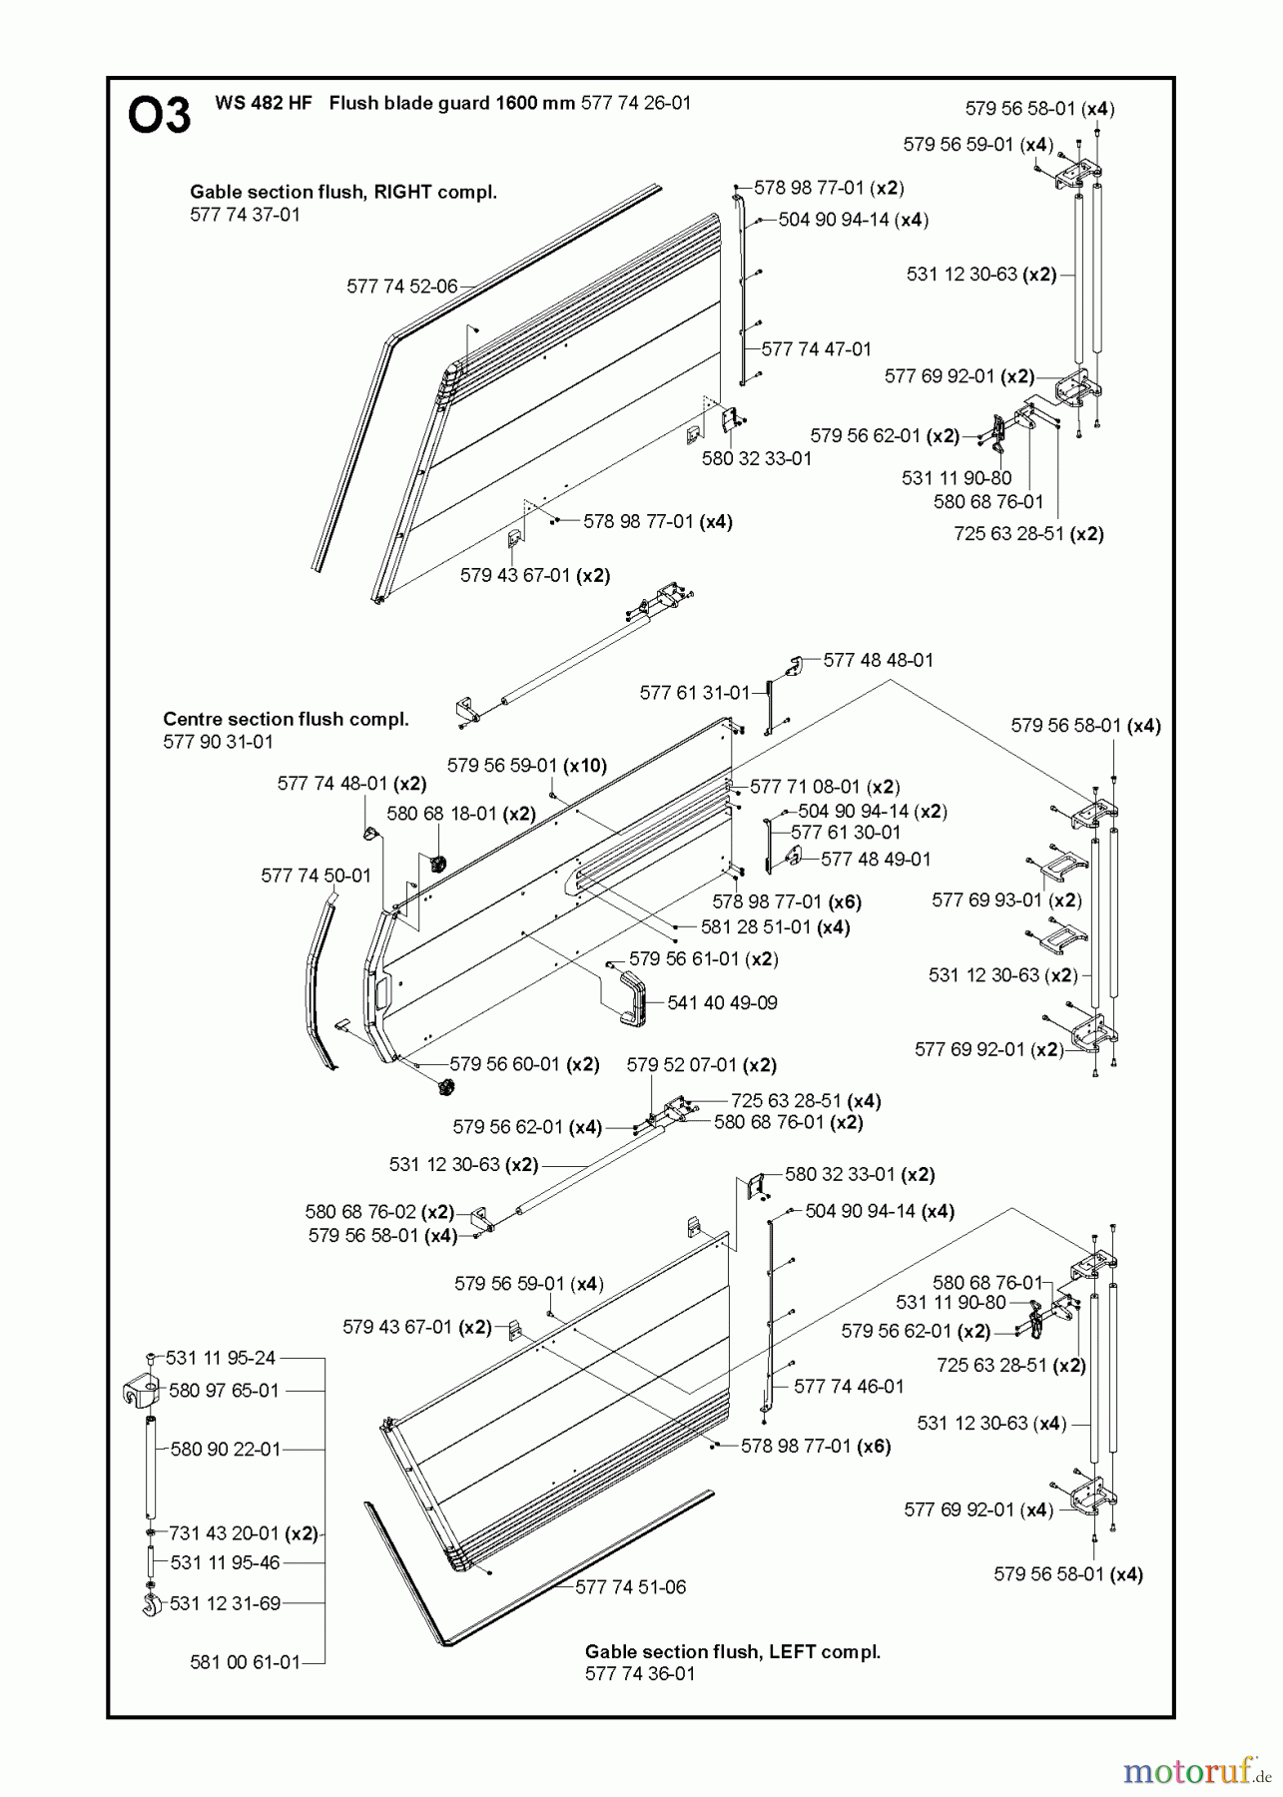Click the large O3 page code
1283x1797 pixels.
pyautogui.click(x=160, y=116)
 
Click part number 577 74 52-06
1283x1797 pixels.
pyautogui.click(x=401, y=287)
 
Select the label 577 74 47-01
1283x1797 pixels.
pyautogui.click(x=816, y=349)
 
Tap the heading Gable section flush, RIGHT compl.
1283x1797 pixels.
pyautogui.click(x=343, y=193)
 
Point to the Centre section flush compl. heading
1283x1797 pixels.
pyautogui.click(x=286, y=719)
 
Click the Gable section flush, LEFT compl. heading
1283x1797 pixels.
pyautogui.click(x=733, y=1652)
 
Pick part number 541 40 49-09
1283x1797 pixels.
pyautogui.click(x=722, y=1002)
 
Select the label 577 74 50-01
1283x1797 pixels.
pyautogui.click(x=316, y=876)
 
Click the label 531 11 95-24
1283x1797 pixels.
pyautogui.click(x=221, y=1358)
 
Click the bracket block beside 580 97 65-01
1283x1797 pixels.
pyautogui.click(x=141, y=1391)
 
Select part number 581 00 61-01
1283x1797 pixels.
pyautogui.click(x=245, y=1662)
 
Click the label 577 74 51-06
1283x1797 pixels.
pyautogui.click(x=630, y=1586)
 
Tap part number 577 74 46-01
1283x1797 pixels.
pyautogui.click(x=849, y=1387)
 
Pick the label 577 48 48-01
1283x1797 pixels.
pyautogui.click(x=879, y=660)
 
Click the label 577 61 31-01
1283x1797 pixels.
pyautogui.click(x=694, y=692)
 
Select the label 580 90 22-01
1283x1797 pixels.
pyautogui.click(x=226, y=1449)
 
